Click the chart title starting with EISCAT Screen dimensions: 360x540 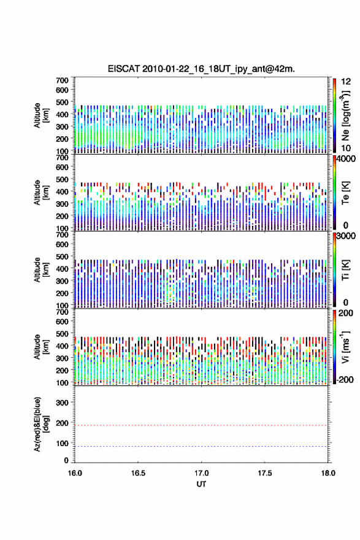[201, 69]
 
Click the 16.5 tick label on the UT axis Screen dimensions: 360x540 [138, 473]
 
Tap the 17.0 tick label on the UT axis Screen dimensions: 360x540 [201, 473]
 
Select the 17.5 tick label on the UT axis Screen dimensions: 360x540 [265, 473]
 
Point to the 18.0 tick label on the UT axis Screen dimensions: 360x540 [328, 473]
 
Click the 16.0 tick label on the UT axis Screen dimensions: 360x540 [75, 473]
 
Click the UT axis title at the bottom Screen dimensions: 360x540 [201, 484]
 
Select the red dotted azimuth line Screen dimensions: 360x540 [201, 425]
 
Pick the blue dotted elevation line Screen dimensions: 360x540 [201, 446]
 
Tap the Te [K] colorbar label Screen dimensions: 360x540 [345, 193]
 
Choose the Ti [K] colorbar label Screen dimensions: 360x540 [345, 270]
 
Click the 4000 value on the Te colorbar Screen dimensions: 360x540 [346, 159]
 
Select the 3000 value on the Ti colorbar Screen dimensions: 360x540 [346, 236]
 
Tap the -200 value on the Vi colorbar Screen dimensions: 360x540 [345, 379]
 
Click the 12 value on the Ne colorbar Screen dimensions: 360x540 [346, 82]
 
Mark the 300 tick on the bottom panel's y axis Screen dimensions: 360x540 [62, 403]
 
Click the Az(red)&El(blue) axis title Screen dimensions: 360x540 [41, 424]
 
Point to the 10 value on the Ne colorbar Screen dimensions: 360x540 [346, 148]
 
